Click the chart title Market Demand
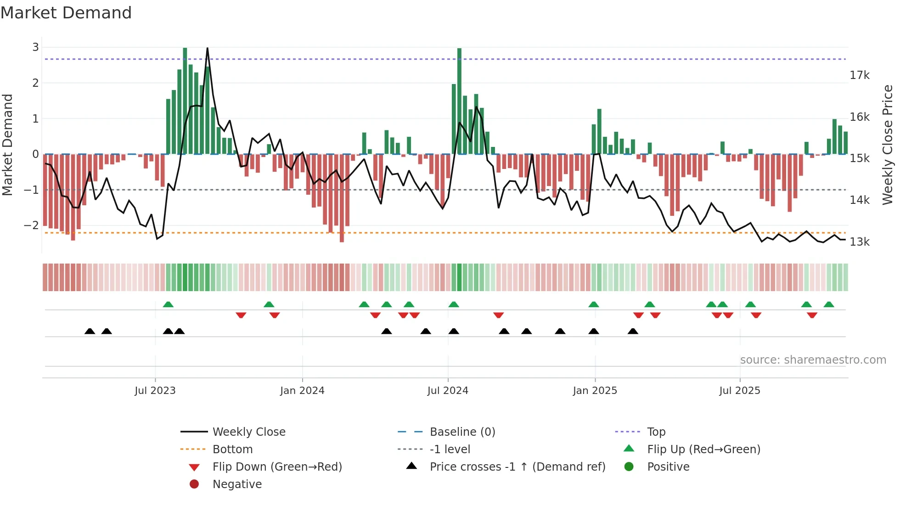(x=66, y=13)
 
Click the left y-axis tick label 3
(x=35, y=47)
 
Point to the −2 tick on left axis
(x=31, y=225)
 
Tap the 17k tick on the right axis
(x=860, y=75)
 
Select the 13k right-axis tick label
(x=860, y=242)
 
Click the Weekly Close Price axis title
(x=888, y=145)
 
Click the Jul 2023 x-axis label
(x=155, y=391)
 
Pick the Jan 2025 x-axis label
(x=595, y=391)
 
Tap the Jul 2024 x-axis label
(x=448, y=391)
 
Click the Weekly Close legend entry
(x=249, y=432)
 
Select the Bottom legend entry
(x=232, y=450)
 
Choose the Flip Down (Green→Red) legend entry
(x=277, y=467)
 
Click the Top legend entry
(x=656, y=432)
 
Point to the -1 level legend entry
(x=450, y=450)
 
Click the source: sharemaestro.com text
(x=813, y=360)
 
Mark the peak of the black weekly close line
(x=208, y=48)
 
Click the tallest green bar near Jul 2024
(x=459, y=101)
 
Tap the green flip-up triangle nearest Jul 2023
(x=168, y=304)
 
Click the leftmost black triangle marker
(x=90, y=331)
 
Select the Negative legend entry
(x=237, y=484)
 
